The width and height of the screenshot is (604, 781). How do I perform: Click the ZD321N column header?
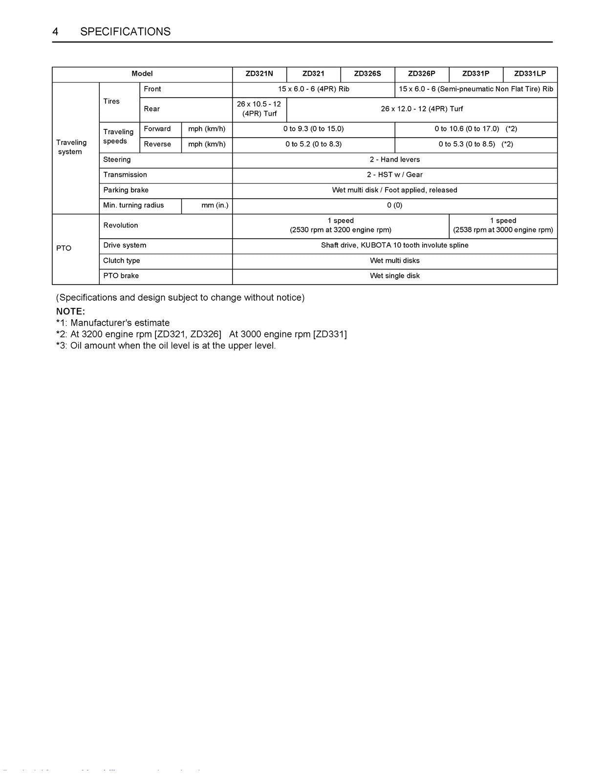coord(259,74)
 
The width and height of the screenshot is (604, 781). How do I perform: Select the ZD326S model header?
coord(367,74)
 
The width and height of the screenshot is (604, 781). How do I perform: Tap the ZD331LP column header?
coord(530,74)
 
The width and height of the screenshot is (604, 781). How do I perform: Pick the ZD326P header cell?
coord(421,74)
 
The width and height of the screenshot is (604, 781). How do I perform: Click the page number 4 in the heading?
coord(56,32)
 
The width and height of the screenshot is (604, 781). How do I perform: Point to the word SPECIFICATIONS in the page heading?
coord(125,32)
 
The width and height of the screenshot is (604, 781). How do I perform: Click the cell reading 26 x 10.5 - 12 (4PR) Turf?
coord(259,109)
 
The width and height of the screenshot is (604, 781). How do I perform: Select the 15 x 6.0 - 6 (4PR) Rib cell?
coord(313,89)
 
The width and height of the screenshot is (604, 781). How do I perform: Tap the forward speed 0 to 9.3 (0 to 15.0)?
coord(313,129)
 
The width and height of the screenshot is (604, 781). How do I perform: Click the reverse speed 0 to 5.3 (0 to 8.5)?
coord(475,144)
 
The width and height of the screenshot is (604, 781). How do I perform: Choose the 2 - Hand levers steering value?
coord(394,160)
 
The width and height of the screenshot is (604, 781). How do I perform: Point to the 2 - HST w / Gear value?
coord(394,175)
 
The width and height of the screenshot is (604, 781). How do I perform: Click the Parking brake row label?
coord(126,190)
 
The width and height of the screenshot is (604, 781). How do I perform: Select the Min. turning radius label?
coord(133,206)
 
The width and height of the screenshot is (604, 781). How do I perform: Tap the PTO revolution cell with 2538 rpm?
coord(503,225)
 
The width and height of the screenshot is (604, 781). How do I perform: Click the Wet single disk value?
coord(394,276)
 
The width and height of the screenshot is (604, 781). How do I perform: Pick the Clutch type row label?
coord(121,261)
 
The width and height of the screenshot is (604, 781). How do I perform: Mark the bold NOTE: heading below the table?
coord(70,311)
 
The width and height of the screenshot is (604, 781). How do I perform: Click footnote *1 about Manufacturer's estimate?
coord(113,323)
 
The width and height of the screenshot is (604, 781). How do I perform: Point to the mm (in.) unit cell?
coord(215,206)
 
